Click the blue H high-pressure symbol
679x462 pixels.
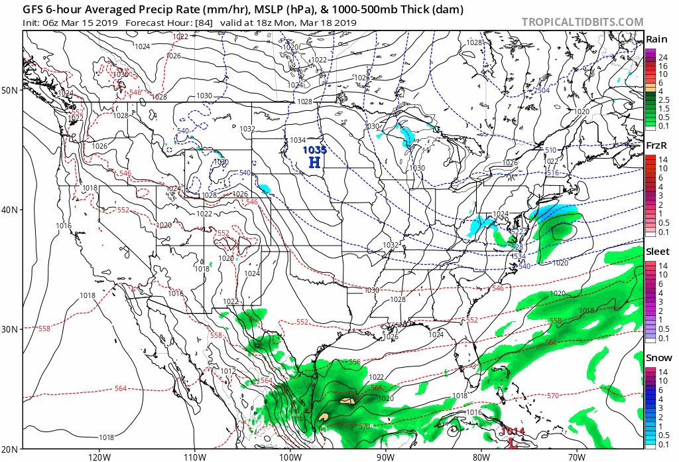[314, 162]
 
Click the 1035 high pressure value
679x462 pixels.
[314, 150]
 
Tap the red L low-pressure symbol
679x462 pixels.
[512, 443]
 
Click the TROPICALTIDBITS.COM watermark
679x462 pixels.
[582, 22]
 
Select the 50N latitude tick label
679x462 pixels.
[11, 90]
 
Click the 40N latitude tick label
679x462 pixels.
[11, 210]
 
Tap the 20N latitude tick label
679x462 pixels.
[11, 449]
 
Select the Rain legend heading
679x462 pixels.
[656, 38]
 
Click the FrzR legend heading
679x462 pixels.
[656, 145]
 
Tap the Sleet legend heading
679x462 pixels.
[657, 252]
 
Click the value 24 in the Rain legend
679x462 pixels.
[662, 58]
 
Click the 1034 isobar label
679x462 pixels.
[298, 140]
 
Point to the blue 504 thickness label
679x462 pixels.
[543, 90]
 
